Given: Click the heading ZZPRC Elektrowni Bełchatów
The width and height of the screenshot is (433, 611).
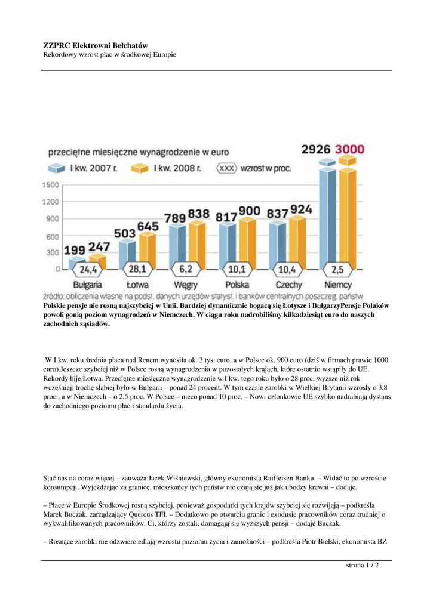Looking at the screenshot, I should click(96, 45).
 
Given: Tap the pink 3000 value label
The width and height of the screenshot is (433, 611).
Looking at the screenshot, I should click(351, 149).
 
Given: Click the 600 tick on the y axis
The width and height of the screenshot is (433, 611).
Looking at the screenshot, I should click(53, 236).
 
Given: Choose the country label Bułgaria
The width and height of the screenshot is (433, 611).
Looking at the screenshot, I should click(87, 285).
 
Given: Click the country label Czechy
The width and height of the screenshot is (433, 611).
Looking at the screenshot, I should click(288, 285).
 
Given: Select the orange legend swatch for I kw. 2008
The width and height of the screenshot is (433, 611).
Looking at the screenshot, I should click(142, 168).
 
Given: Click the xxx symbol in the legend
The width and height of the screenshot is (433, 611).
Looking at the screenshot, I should click(227, 168).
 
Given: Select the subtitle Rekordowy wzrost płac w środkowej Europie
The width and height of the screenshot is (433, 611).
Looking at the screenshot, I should click(110, 55).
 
